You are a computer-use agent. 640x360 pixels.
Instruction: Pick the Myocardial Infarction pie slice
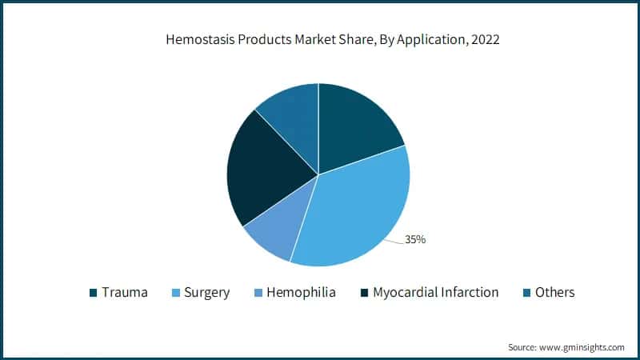(260, 172)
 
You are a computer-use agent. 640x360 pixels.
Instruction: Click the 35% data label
(415, 239)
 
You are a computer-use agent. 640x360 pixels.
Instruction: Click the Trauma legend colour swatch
(93, 293)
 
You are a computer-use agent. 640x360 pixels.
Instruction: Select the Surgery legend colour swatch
(175, 293)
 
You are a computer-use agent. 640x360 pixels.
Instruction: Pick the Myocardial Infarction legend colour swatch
(365, 293)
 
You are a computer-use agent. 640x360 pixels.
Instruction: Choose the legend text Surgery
(206, 293)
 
